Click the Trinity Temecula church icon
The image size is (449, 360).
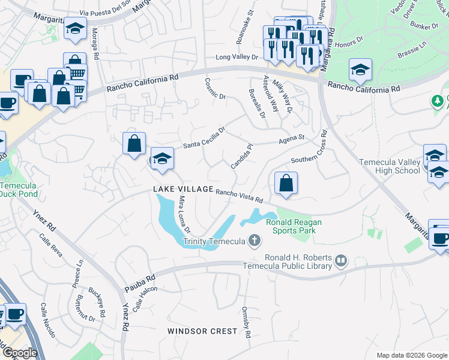pyautogui.click(x=255, y=241)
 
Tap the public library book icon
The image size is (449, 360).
pyautogui.click(x=341, y=260)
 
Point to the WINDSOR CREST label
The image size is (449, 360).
pyautogui.click(x=202, y=331)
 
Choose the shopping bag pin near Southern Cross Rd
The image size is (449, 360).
pyautogui.click(x=286, y=183)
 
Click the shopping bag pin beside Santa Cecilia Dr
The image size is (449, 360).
pyautogui.click(x=134, y=143)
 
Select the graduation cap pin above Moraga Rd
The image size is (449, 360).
pyautogui.click(x=76, y=29)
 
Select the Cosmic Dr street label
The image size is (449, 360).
pyautogui.click(x=214, y=88)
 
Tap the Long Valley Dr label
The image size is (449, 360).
pyautogui.click(x=237, y=58)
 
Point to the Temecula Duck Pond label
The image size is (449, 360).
pyautogui.click(x=19, y=189)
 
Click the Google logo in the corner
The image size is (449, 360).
pyautogui.click(x=19, y=353)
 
